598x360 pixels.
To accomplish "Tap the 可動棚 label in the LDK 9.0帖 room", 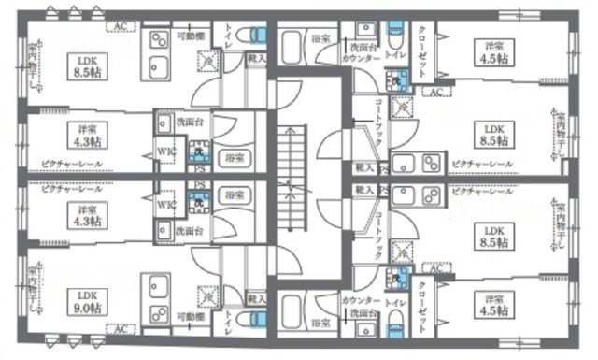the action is [191, 316].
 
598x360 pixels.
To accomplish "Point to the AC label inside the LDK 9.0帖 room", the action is [120, 328].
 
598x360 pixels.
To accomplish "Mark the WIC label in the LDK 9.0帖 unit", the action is [164, 204].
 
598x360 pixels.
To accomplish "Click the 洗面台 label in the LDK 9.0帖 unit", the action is [190, 230].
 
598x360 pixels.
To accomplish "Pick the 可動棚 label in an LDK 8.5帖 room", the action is [191, 36].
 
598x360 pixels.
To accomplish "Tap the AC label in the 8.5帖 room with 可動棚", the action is [120, 25].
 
